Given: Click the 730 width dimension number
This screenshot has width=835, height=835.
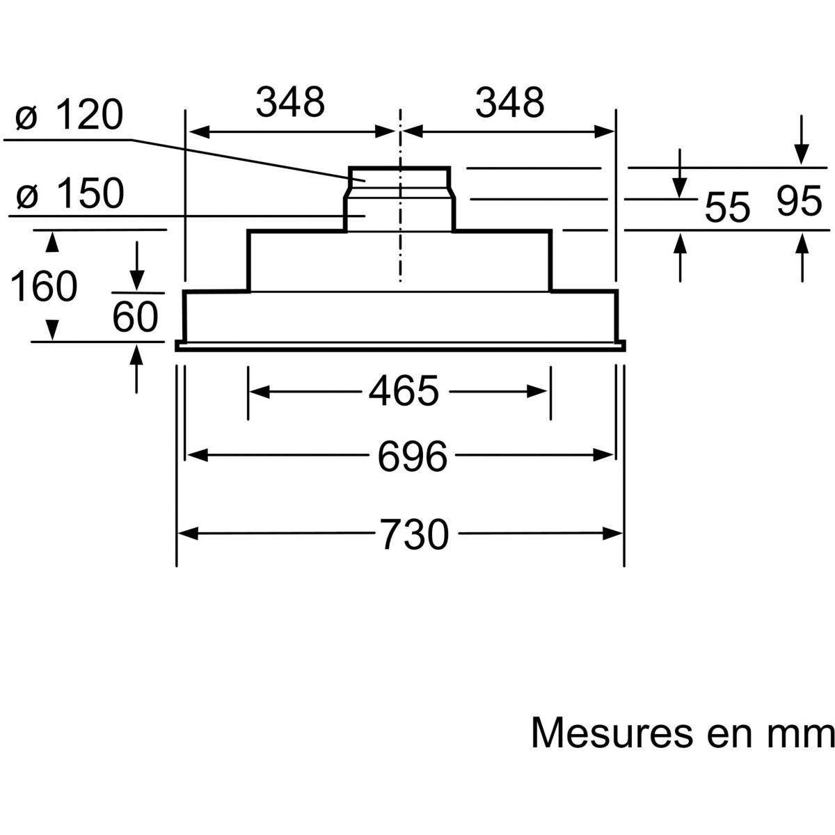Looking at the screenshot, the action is pyautogui.click(x=415, y=534).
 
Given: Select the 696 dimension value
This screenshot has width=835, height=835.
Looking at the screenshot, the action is pyautogui.click(x=412, y=456).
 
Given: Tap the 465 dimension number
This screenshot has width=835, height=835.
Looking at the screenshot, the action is pyautogui.click(x=404, y=391).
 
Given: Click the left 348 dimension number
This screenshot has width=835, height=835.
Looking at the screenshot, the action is pyautogui.click(x=290, y=103).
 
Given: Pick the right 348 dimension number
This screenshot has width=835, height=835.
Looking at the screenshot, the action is pyautogui.click(x=509, y=103).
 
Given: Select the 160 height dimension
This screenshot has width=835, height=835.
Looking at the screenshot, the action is pyautogui.click(x=43, y=286).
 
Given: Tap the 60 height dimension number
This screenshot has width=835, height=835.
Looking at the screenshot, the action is pyautogui.click(x=135, y=317).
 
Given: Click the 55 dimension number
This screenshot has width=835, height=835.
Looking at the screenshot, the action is pyautogui.click(x=727, y=207).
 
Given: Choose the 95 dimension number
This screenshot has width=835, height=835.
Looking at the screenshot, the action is pyautogui.click(x=800, y=200).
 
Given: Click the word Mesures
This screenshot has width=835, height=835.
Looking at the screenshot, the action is pyautogui.click(x=612, y=733).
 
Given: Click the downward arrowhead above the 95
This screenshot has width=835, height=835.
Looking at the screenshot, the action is pyautogui.click(x=802, y=154).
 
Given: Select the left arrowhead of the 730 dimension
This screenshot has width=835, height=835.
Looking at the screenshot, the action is pyautogui.click(x=188, y=534).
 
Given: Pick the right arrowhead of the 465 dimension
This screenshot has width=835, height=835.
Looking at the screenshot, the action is pyautogui.click(x=536, y=391).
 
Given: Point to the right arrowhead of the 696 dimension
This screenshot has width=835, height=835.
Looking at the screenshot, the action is pyautogui.click(x=603, y=455).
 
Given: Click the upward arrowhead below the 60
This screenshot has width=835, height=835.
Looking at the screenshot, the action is pyautogui.click(x=136, y=356).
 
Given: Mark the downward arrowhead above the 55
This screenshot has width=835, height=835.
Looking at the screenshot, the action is pyautogui.click(x=680, y=188).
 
